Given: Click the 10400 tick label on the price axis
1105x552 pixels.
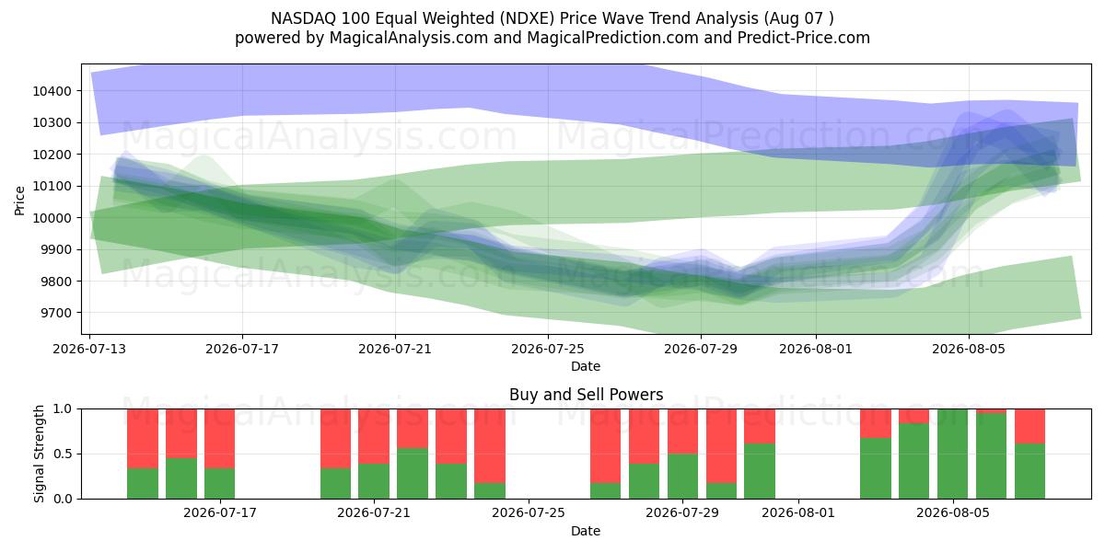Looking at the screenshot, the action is (x=52, y=91).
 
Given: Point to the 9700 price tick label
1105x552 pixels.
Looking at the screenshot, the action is (x=55, y=313).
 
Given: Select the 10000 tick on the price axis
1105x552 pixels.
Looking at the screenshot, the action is (x=52, y=218).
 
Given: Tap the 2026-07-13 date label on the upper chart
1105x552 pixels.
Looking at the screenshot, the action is (x=89, y=349).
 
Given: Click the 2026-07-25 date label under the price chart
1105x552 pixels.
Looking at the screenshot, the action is (x=548, y=349).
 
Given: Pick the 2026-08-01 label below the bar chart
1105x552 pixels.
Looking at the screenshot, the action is (x=798, y=513).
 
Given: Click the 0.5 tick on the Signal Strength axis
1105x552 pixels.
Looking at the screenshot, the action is (x=64, y=454).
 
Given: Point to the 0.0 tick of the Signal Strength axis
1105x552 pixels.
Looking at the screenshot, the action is (x=64, y=499).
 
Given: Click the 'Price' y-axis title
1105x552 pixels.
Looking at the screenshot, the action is (x=19, y=201).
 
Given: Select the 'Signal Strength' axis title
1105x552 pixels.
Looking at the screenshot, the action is (x=39, y=454).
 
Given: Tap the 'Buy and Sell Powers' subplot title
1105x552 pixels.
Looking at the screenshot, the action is (x=586, y=395).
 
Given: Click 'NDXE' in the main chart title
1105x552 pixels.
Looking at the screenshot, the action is (x=527, y=18).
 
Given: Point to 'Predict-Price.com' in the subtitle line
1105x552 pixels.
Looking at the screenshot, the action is (x=804, y=38).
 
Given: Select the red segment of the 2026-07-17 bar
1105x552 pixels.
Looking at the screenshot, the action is (x=219, y=439).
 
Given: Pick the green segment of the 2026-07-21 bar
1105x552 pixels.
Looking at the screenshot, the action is (x=374, y=481).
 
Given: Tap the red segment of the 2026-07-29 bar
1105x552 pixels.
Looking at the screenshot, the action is (x=682, y=431).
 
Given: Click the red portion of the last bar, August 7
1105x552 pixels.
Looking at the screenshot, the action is (x=1030, y=426).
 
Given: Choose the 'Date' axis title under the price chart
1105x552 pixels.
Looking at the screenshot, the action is (x=586, y=366).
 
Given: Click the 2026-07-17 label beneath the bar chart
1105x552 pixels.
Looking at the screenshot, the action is (x=220, y=513).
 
